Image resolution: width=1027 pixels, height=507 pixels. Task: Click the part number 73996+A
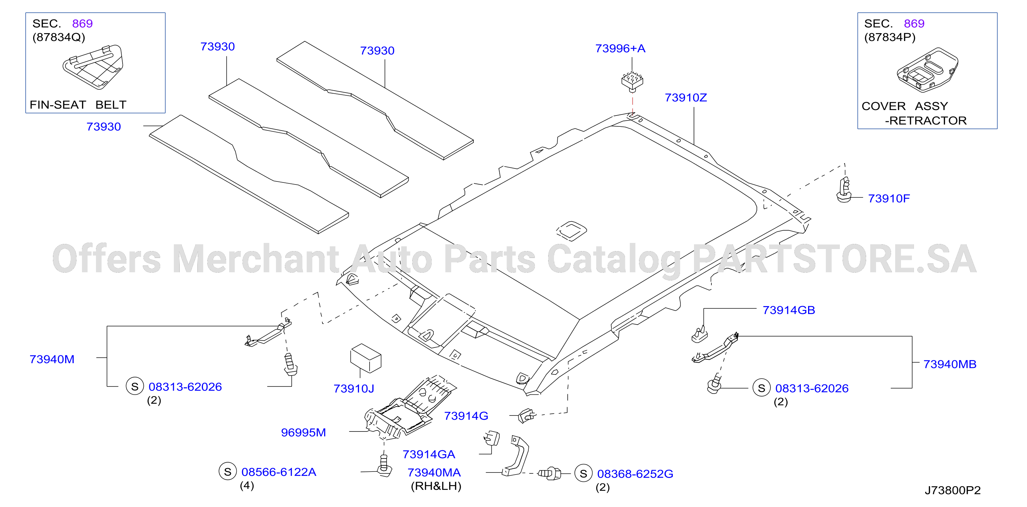[x=620, y=49]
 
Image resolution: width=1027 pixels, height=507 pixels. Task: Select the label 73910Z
[x=686, y=98]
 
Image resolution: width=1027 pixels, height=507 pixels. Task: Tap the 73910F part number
[x=889, y=198]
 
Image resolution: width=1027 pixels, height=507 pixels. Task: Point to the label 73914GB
[x=789, y=310]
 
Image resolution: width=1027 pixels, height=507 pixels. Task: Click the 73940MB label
[x=950, y=364]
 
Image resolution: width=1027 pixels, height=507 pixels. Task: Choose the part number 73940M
[x=52, y=359]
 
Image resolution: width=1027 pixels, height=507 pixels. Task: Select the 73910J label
[x=353, y=388]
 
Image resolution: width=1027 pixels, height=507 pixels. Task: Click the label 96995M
[x=303, y=433]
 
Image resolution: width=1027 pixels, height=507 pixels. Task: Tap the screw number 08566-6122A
[x=279, y=472]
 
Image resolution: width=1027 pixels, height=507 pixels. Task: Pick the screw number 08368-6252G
[x=635, y=474]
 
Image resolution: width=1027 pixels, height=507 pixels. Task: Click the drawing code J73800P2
[x=953, y=490]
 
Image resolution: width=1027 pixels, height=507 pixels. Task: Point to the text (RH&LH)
[x=436, y=486]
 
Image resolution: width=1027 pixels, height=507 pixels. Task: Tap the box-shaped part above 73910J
[x=365, y=358]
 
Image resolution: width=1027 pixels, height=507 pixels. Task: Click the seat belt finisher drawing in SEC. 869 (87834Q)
[x=93, y=66]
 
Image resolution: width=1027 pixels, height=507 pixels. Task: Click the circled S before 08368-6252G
[x=583, y=474]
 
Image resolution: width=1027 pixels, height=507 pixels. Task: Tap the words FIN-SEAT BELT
[x=78, y=105]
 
